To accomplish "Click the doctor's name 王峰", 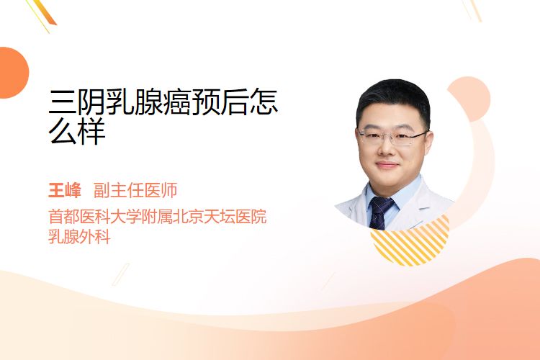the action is click(x=65, y=191).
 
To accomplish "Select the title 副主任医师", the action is click(x=135, y=191).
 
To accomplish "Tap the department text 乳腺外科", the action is click(x=79, y=237).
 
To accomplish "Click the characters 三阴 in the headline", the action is click(x=77, y=102).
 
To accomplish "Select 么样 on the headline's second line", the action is click(x=77, y=132).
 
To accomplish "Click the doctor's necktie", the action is click(x=380, y=212).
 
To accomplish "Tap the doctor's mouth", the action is click(x=387, y=165).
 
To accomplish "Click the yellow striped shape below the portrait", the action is click(x=410, y=241).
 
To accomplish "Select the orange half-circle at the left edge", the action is click(x=13, y=73).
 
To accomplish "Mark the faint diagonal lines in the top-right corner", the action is click(x=471, y=10).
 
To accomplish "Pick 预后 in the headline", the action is click(x=220, y=102).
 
